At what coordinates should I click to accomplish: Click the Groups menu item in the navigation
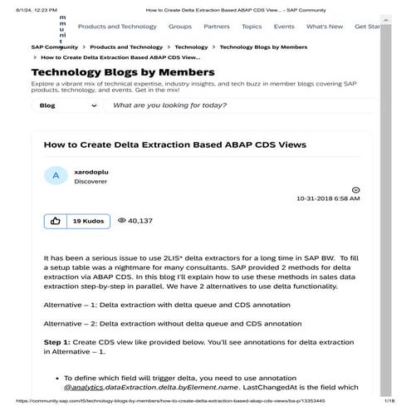point(179,27)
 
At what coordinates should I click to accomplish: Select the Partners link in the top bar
point(216,27)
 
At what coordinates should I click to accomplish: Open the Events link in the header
point(284,27)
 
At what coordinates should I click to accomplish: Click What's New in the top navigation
point(324,27)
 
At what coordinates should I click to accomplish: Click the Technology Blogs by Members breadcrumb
point(263,47)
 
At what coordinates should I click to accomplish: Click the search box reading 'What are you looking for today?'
point(241,106)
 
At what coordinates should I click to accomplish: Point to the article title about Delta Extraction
point(174,144)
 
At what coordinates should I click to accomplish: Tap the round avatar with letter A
point(55,175)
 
